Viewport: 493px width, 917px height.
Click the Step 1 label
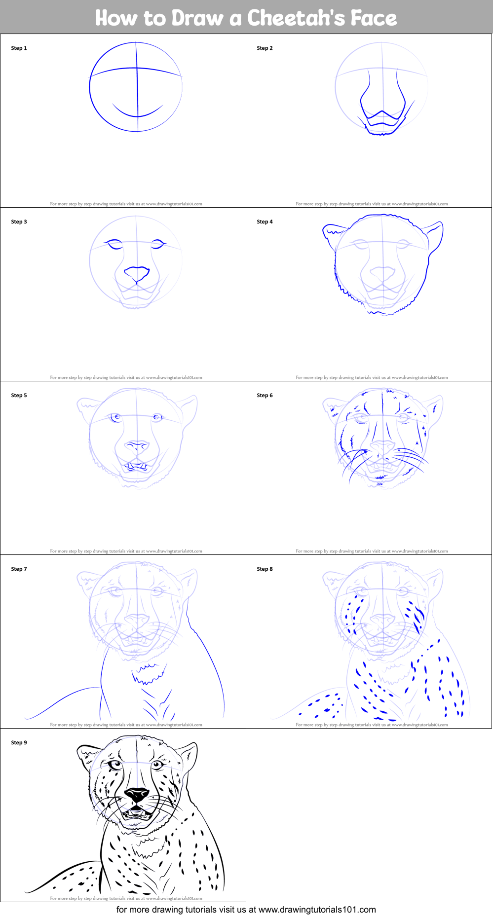(19, 48)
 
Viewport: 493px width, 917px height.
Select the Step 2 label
(265, 48)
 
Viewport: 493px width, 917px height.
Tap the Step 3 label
(19, 222)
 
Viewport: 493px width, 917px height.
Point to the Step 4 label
(265, 222)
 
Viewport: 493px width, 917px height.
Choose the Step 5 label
(19, 396)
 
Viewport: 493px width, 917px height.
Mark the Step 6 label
(265, 396)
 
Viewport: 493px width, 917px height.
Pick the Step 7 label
(19, 569)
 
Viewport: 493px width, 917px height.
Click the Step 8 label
(265, 569)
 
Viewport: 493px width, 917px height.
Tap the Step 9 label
(19, 743)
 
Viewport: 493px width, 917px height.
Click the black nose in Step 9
(137, 795)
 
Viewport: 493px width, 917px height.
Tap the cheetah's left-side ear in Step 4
(335, 232)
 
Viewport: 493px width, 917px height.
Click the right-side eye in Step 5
(157, 417)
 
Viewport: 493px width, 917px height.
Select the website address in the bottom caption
(317, 910)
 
